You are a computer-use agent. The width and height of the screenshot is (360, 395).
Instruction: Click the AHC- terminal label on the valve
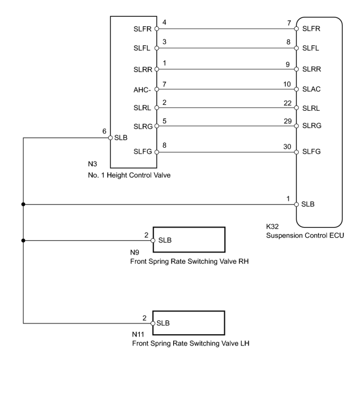tap(142, 90)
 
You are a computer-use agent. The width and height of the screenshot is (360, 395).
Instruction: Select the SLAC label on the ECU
tap(311, 89)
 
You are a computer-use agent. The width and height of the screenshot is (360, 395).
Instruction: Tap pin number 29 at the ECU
tap(287, 121)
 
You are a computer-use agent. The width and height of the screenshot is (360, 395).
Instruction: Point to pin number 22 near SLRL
tap(287, 103)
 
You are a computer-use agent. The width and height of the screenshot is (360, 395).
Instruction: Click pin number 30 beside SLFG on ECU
tap(287, 147)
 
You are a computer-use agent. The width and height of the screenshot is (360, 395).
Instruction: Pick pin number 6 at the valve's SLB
tap(104, 131)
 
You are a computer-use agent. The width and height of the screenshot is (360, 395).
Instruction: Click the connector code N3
tap(92, 164)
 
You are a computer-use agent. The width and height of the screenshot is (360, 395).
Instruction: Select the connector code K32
tap(272, 226)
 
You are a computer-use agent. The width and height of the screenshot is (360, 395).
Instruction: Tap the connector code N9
tap(134, 253)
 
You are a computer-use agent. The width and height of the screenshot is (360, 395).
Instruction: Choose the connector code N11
tap(138, 334)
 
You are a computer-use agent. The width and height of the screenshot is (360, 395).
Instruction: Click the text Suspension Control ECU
tap(305, 235)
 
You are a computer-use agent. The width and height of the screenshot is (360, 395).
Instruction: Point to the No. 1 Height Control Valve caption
tap(129, 175)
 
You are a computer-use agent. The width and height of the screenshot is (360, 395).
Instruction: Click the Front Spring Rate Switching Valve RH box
tap(189, 240)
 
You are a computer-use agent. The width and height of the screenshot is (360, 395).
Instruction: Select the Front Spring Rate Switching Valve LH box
tap(189, 323)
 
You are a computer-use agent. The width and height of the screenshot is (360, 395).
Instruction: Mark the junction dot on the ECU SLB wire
tap(23, 204)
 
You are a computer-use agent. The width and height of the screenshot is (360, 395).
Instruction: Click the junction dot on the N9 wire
tap(23, 241)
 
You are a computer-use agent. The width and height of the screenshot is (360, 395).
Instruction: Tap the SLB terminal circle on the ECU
tap(296, 204)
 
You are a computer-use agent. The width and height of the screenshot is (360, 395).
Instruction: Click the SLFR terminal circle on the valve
tap(156, 29)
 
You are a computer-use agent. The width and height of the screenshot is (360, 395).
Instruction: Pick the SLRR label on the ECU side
tap(311, 69)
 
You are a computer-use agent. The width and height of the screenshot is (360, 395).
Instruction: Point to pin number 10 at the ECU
tap(287, 84)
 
